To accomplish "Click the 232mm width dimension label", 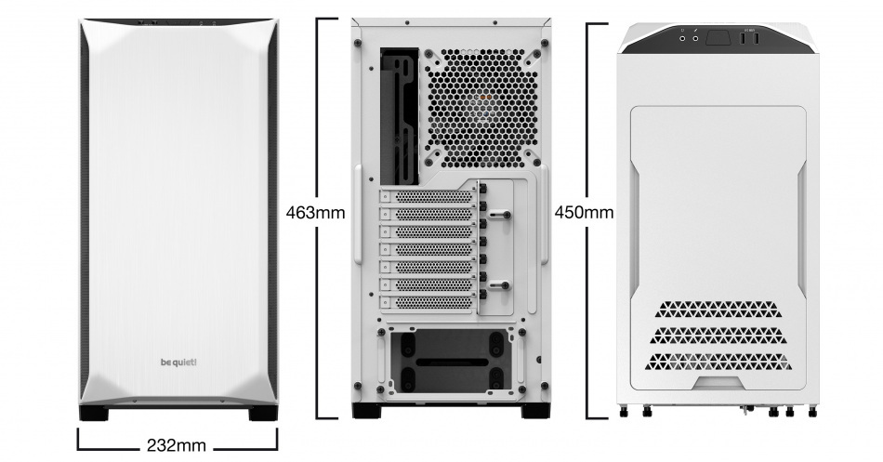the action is coord(177,445).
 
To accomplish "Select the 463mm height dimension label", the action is coord(315,212).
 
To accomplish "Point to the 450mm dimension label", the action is coord(584,212).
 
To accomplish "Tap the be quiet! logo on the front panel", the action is coord(178,363).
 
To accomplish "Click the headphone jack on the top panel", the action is coord(684,38).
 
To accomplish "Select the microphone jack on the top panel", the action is coord(695,38).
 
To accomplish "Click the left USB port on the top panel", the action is coord(747,38).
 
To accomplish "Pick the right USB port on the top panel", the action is coord(757,38).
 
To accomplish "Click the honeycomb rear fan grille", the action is coord(481,108).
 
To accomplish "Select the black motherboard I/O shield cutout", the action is coord(400,116).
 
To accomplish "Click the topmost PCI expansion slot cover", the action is coord(427,197).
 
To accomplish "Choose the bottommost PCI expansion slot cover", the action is coord(427,303).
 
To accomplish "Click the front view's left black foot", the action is coord(94,413).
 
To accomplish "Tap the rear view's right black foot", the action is coord(536,411).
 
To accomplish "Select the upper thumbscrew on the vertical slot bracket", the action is coord(499,214).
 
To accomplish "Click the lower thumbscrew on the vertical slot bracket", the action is coord(499,285).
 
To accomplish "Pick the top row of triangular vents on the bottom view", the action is coord(718,310).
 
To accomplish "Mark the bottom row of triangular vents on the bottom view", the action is coord(718,362).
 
